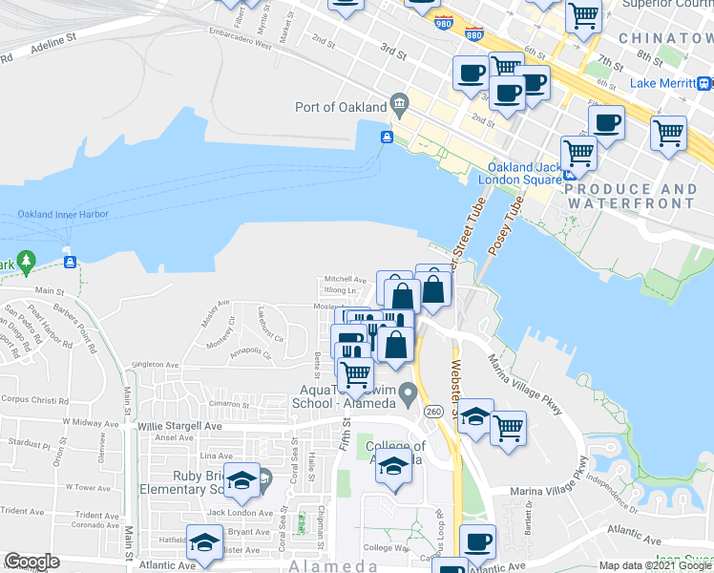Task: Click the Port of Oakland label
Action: tap(340, 107)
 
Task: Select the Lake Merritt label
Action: tap(671, 83)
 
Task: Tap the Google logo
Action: tap(32, 562)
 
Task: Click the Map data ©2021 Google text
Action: tap(654, 565)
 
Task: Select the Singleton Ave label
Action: tap(156, 365)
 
